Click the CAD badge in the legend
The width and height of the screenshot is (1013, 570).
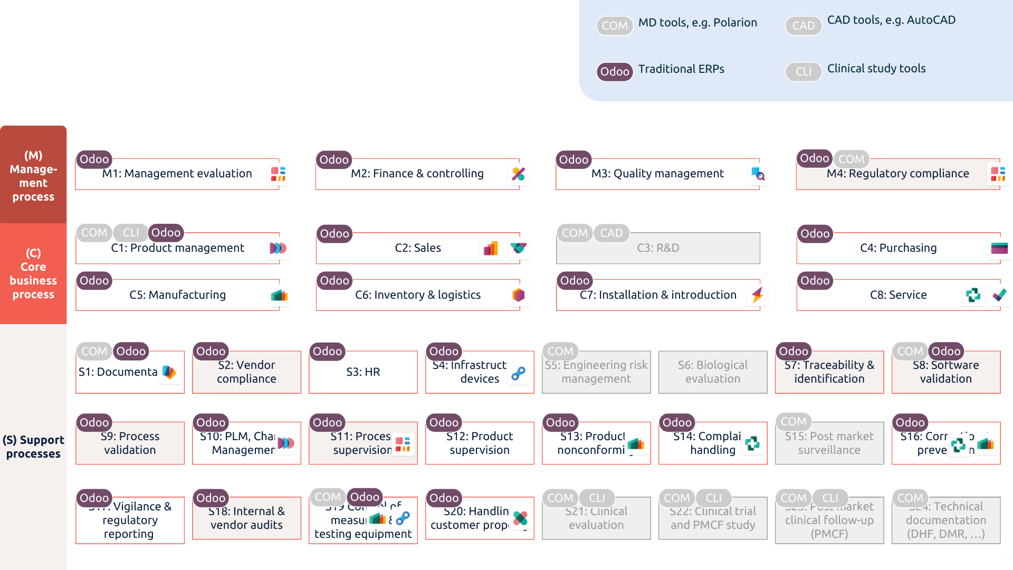[803, 25]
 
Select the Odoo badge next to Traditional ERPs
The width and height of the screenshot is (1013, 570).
[615, 71]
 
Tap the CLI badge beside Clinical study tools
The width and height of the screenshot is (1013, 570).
[803, 71]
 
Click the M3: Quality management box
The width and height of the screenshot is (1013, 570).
[657, 174]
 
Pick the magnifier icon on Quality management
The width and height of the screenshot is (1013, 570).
[759, 174]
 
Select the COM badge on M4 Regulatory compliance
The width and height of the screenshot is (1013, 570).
[851, 159]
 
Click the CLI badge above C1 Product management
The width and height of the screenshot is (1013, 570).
[131, 233]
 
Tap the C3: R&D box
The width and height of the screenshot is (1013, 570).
[657, 248]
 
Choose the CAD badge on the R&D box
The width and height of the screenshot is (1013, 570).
[611, 233]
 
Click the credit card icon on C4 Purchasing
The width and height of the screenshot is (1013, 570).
[999, 248]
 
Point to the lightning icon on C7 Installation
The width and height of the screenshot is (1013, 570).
[758, 295]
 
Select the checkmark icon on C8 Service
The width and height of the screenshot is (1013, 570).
[999, 295]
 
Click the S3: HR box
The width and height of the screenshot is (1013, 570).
[363, 372]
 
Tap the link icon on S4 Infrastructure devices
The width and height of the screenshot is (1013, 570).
[519, 374]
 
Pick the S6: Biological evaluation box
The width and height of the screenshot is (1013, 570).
[713, 372]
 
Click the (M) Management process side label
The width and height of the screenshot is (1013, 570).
[33, 176]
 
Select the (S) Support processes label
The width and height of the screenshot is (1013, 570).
[33, 446]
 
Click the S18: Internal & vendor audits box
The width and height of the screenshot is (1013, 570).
[246, 518]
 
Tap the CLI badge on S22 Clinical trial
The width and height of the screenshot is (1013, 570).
[713, 498]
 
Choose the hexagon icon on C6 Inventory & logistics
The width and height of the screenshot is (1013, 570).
[519, 295]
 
